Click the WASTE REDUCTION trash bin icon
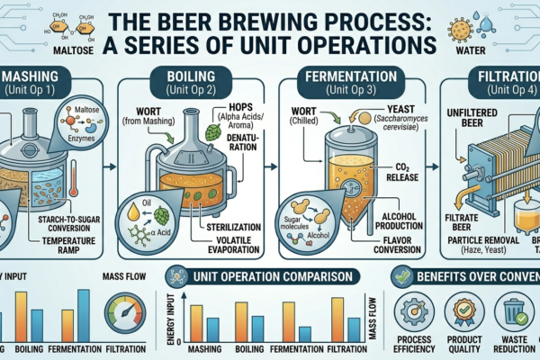click(x=517, y=309)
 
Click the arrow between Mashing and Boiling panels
click(x=123, y=166)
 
